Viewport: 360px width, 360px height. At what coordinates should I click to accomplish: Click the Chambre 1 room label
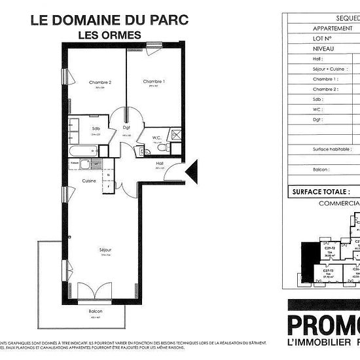(x=153, y=82)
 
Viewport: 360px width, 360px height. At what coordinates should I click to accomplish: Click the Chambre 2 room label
(x=100, y=82)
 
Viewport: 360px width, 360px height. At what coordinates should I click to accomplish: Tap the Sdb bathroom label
(x=96, y=128)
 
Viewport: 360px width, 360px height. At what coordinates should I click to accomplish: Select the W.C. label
(x=157, y=137)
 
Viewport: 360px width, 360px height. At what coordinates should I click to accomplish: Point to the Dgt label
(x=127, y=128)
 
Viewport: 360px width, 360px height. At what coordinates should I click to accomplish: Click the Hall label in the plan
(x=159, y=163)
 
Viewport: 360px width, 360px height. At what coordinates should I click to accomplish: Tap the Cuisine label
(x=89, y=181)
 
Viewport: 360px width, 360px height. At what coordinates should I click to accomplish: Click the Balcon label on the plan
(x=96, y=312)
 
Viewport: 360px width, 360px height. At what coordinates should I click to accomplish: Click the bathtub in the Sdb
(x=85, y=151)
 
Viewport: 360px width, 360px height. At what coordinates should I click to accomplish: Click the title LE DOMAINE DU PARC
(x=109, y=20)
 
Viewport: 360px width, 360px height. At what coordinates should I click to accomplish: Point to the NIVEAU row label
(x=324, y=48)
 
